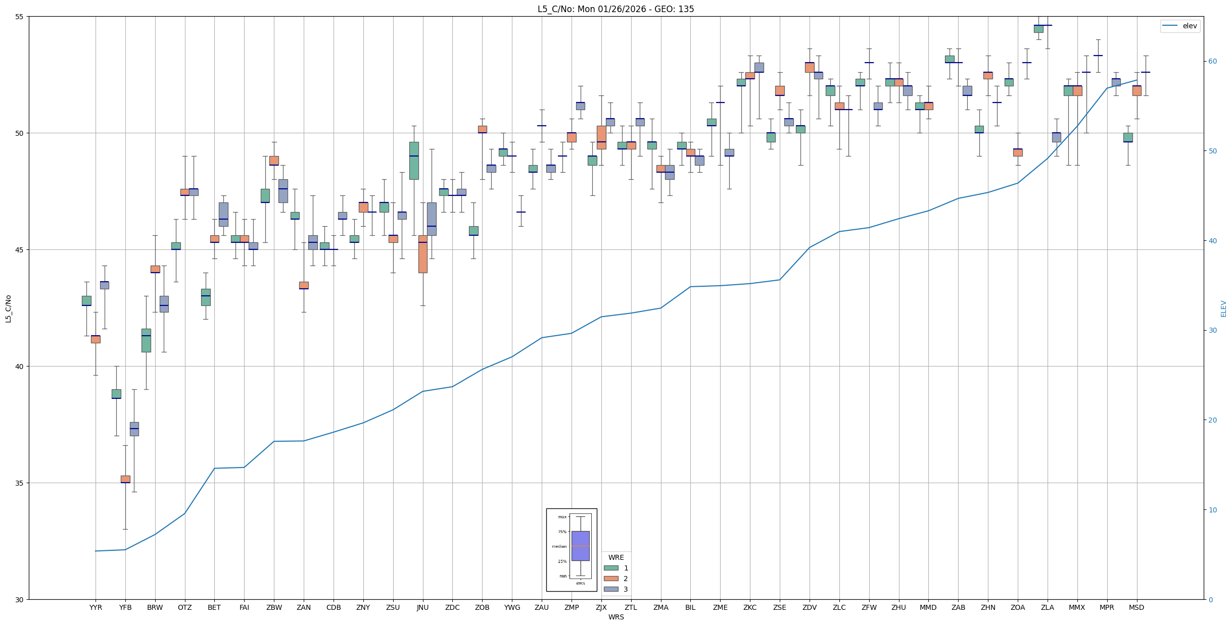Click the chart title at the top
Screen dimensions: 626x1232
pyautogui.click(x=615, y=9)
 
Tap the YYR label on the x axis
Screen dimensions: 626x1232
pyautogui.click(x=96, y=607)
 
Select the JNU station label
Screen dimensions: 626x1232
pyautogui.click(x=422, y=607)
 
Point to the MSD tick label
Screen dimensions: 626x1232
pyautogui.click(x=1136, y=607)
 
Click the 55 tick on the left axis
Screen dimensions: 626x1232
pyautogui.click(x=20, y=17)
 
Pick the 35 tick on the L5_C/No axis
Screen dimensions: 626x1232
pyautogui.click(x=20, y=483)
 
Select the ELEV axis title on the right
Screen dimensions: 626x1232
pyautogui.click(x=1223, y=308)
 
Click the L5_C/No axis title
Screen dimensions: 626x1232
pyautogui.click(x=8, y=308)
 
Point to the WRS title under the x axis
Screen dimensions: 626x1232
pyautogui.click(x=615, y=617)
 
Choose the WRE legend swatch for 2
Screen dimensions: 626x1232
pyautogui.click(x=611, y=579)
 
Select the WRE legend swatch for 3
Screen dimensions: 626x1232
pyautogui.click(x=611, y=589)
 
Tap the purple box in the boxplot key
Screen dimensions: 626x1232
pyautogui.click(x=580, y=546)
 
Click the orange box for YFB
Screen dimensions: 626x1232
pyautogui.click(x=125, y=479)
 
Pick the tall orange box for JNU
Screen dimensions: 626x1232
pyautogui.click(x=423, y=254)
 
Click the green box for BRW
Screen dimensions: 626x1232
pyautogui.click(x=146, y=340)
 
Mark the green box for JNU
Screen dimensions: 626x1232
pyautogui.click(x=414, y=161)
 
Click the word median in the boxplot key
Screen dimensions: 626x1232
pyautogui.click(x=559, y=546)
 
